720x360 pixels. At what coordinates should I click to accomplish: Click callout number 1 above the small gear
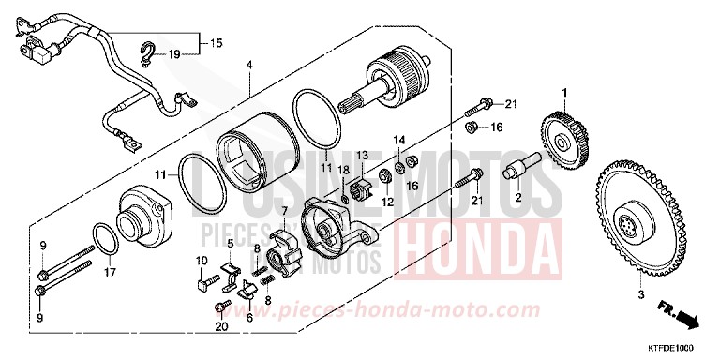click(x=565, y=93)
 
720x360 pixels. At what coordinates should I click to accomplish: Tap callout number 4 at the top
click(x=249, y=66)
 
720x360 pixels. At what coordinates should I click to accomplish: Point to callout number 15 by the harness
click(x=217, y=43)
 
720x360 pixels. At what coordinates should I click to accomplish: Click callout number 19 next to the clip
click(x=173, y=54)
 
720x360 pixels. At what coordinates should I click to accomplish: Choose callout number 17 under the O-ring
click(x=110, y=275)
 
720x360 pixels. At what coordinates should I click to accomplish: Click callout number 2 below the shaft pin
click(x=517, y=197)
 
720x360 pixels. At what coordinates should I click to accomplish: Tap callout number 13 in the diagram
click(x=362, y=155)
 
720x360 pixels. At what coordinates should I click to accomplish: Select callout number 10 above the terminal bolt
click(x=201, y=260)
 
